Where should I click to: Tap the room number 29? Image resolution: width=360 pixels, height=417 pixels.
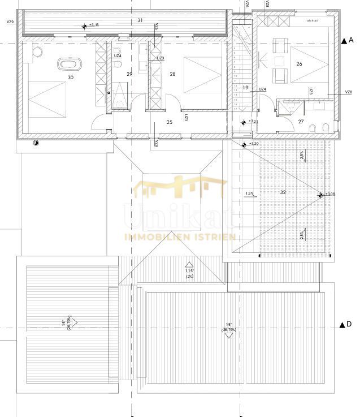(129, 74)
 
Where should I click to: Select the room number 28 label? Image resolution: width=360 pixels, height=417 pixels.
(173, 74)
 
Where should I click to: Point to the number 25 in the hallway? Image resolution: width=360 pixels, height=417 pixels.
(169, 122)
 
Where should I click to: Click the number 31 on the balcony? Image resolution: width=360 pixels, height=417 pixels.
(140, 20)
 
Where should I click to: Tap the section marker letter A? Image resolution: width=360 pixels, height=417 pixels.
(351, 40)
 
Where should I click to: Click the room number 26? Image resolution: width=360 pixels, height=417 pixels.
(299, 64)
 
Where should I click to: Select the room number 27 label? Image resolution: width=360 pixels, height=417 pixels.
(301, 121)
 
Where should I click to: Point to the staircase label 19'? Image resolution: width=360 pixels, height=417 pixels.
(246, 87)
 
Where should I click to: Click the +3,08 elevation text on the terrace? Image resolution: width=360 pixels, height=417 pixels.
(329, 195)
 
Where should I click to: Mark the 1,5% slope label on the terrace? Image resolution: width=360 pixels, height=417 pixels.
(249, 194)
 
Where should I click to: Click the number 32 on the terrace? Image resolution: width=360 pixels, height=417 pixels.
(283, 192)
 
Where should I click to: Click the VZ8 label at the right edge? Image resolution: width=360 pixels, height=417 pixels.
(348, 92)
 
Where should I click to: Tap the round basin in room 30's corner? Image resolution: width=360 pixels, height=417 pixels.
(38, 52)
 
